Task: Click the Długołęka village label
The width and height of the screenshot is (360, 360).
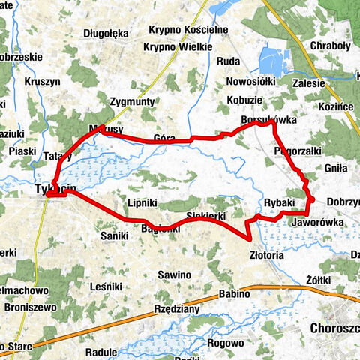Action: point(106,33)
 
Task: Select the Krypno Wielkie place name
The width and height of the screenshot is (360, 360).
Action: point(178,46)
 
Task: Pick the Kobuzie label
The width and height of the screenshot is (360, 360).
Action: point(245,99)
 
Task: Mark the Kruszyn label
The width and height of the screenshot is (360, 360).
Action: point(42,81)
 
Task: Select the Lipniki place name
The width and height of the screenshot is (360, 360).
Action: point(142,203)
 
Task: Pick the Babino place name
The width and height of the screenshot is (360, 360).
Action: point(234,293)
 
